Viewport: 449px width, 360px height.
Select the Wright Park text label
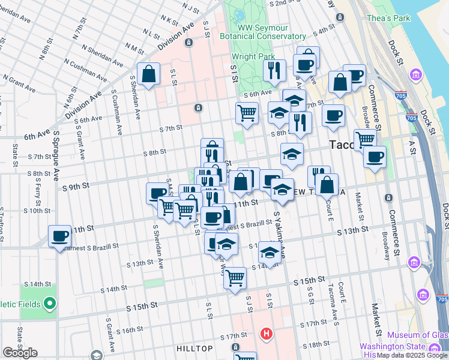(x=249, y=58)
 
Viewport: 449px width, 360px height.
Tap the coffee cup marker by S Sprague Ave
(x=60, y=236)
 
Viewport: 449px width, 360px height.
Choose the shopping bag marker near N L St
(x=148, y=74)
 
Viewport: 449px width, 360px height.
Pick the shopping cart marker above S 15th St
(x=235, y=277)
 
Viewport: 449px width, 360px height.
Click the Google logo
(x=20, y=353)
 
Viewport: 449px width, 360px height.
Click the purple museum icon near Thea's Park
(x=415, y=75)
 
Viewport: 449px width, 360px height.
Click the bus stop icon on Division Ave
(x=188, y=43)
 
